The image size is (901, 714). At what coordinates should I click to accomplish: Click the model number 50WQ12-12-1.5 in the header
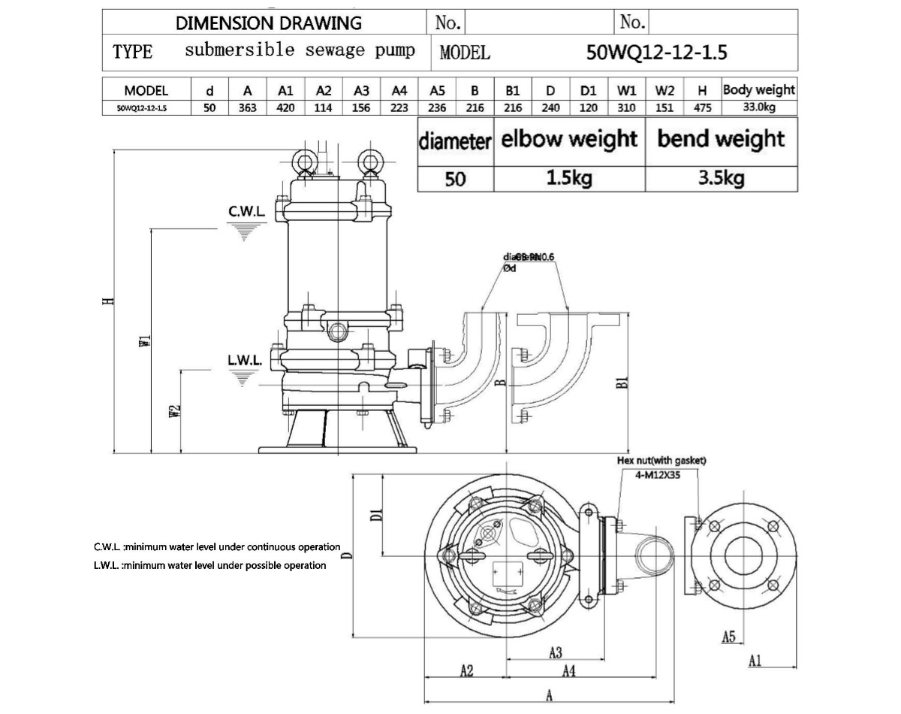tap(655, 53)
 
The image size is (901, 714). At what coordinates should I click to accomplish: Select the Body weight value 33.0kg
tap(759, 107)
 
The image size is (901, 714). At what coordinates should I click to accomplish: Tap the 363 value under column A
tap(248, 107)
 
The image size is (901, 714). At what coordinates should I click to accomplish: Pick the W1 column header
tap(627, 90)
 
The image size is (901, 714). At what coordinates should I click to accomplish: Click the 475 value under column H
tap(703, 107)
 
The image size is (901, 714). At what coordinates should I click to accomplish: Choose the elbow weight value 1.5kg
tap(569, 178)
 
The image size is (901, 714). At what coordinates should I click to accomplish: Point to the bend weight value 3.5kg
tap(721, 178)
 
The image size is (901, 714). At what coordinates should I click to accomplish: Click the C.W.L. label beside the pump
tap(247, 213)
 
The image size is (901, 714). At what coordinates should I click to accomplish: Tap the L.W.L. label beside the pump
tap(245, 360)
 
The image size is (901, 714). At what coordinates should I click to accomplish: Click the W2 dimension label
tap(175, 411)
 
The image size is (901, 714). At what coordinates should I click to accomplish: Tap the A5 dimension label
tap(728, 637)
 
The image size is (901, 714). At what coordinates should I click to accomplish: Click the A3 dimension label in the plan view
tap(556, 652)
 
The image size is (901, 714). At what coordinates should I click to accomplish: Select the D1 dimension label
tap(378, 515)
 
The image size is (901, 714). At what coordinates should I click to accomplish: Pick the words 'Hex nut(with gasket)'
tap(661, 461)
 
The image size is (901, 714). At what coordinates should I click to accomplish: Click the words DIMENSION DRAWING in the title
tap(268, 23)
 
